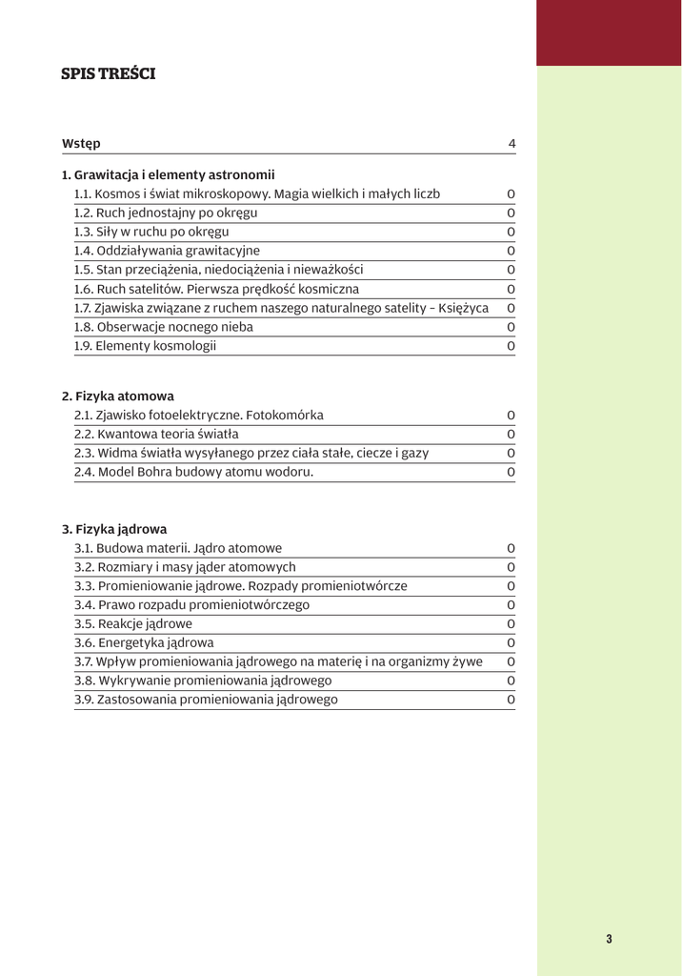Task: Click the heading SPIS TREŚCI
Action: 108,73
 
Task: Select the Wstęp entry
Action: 81,144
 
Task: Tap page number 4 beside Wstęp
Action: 511,144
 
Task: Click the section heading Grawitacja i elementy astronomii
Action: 168,174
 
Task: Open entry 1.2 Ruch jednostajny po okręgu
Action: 166,213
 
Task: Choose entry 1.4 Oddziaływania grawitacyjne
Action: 167,251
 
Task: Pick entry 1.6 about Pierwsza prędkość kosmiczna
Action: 217,289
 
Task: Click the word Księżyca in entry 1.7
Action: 461,308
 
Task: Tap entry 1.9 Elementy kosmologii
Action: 145,346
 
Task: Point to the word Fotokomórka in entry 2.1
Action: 285,415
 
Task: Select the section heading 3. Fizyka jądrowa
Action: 114,528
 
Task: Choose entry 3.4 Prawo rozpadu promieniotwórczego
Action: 191,604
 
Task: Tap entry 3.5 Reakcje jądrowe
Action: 133,623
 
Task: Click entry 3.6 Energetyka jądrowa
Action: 144,642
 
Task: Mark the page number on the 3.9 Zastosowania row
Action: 511,700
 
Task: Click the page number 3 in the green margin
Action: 609,939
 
